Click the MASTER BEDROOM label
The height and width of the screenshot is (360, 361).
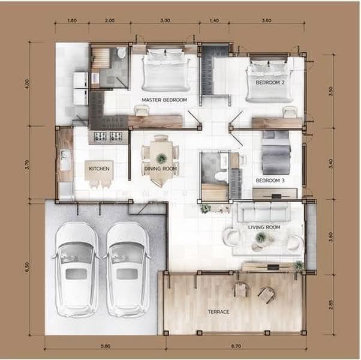164,100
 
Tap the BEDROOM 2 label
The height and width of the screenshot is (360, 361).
270,82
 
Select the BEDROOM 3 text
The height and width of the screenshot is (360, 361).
270,181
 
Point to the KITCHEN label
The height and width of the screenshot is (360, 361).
99,169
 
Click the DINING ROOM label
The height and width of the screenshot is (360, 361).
161,169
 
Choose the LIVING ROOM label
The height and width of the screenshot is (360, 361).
264,227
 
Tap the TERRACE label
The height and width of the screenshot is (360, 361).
218,312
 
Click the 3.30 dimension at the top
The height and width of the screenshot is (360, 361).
165,20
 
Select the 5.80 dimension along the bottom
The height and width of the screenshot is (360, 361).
106,346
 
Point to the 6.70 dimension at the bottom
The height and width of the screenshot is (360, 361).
236,346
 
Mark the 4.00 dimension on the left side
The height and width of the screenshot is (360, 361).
27,84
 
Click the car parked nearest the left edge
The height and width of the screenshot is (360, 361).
76,269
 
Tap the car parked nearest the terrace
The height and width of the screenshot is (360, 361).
127,269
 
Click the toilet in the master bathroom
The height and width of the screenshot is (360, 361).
121,53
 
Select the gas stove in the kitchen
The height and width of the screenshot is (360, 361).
108,136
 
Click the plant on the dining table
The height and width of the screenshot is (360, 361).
161,158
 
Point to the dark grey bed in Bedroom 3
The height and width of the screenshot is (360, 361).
276,153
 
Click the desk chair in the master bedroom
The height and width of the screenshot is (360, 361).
142,110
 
